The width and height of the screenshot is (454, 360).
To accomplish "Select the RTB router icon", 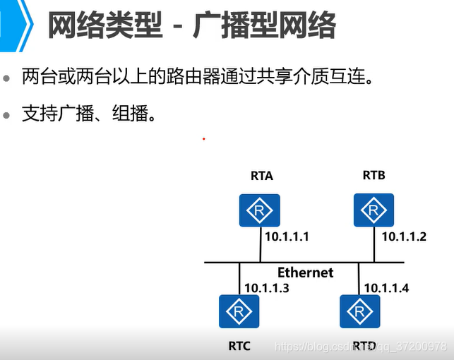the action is [x=373, y=210].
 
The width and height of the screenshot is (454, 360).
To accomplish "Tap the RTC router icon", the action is [x=239, y=311].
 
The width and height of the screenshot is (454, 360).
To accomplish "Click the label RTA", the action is [x=261, y=176].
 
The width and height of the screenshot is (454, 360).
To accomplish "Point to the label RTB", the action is [x=374, y=175].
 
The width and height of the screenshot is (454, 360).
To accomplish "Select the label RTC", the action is [x=239, y=345].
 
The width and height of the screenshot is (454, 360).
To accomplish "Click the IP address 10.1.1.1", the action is [x=287, y=237].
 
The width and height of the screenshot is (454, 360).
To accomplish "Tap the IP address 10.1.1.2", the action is [x=404, y=237].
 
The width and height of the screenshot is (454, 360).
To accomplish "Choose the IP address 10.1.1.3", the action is [x=267, y=288].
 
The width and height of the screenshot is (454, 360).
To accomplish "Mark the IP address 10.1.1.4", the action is [x=386, y=288].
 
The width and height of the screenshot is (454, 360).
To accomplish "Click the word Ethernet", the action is [x=305, y=272].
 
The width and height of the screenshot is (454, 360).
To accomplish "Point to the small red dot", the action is [x=203, y=139].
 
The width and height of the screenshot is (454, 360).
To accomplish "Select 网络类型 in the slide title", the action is [x=105, y=26].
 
